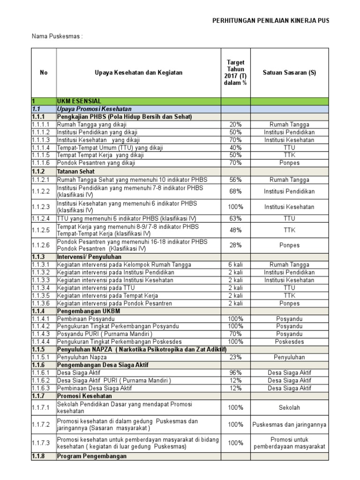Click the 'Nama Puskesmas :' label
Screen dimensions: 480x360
pos(57,37)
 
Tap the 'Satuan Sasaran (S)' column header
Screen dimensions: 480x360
pos(289,73)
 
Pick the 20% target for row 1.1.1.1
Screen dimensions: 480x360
pos(235,125)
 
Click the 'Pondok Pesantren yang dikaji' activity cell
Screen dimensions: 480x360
pos(96,163)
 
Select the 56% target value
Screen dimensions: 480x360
pos(235,180)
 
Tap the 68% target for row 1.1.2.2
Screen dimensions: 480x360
pos(235,191)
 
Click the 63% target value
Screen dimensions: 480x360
pos(235,218)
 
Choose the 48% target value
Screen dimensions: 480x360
pos(235,230)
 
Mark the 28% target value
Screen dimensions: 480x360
pos(235,245)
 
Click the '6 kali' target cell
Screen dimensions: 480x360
pos(235,265)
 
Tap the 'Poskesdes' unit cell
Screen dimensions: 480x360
pos(289,342)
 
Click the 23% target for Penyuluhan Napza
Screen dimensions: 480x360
pos(235,357)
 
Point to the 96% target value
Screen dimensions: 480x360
pos(235,373)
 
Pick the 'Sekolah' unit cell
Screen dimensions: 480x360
pos(289,407)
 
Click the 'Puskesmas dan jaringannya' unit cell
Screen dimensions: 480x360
pos(289,425)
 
